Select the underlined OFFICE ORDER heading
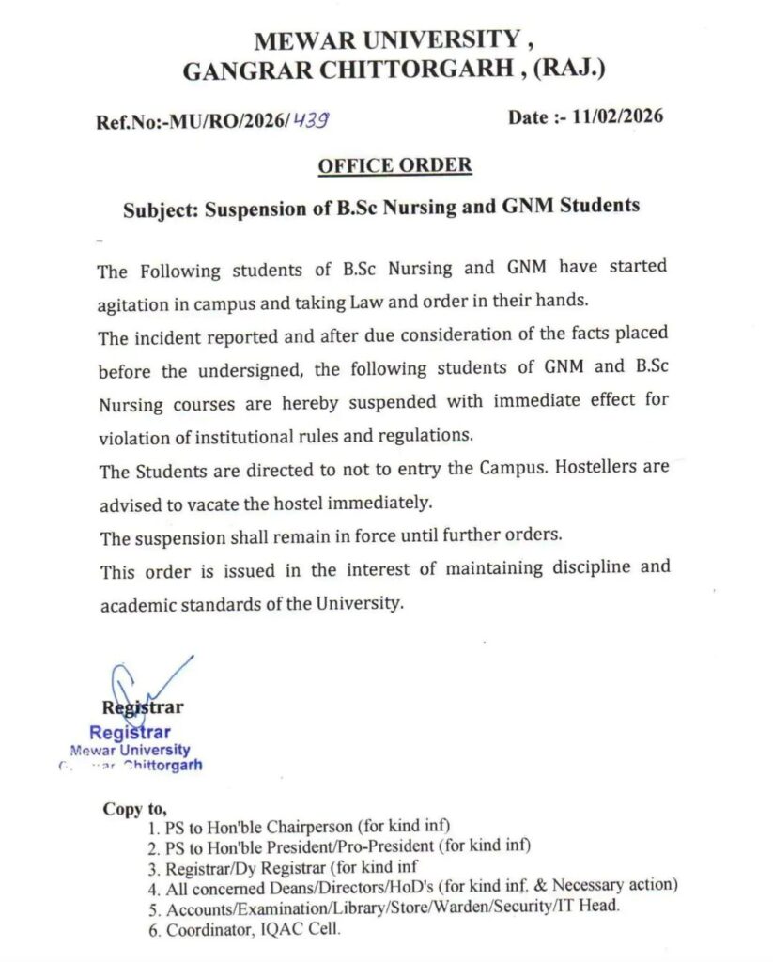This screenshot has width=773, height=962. click(394, 165)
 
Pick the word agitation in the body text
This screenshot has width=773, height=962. click(137, 305)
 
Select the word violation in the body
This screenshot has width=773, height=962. click(133, 437)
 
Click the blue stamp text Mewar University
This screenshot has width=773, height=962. click(131, 750)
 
